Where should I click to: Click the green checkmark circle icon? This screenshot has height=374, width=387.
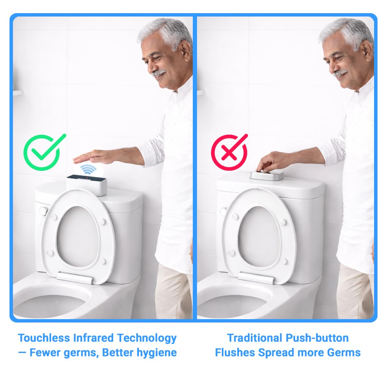point(42,153)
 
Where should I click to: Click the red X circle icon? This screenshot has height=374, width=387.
point(229,152)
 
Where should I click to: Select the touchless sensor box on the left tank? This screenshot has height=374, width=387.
point(87,185)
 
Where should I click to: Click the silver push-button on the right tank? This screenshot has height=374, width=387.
point(267,175)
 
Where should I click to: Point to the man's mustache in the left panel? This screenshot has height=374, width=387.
point(159,72)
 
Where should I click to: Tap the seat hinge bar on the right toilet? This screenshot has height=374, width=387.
point(256,278)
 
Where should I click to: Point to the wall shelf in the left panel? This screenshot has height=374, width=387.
point(18,92)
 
